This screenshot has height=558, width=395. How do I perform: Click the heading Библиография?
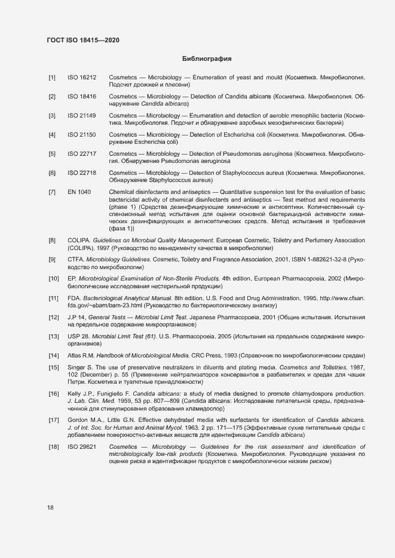coord(206,59)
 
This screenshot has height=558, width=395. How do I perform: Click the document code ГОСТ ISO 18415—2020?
coord(83,40)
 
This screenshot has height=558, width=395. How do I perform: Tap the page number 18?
coord(50,507)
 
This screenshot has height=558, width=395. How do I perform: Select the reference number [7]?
coord(53,192)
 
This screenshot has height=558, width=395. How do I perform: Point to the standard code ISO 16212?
coord(82,78)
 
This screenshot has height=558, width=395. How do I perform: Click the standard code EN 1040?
coord(79,192)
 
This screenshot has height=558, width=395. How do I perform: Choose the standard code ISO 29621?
coord(82,446)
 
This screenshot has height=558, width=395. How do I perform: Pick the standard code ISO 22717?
coord(82,154)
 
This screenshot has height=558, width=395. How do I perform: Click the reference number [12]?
coord(54,317)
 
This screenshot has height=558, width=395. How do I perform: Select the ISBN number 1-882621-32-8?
coord(322,260)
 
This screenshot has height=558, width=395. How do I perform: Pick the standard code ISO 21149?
coord(82,115)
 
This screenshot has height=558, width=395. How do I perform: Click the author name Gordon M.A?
coord(85,420)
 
